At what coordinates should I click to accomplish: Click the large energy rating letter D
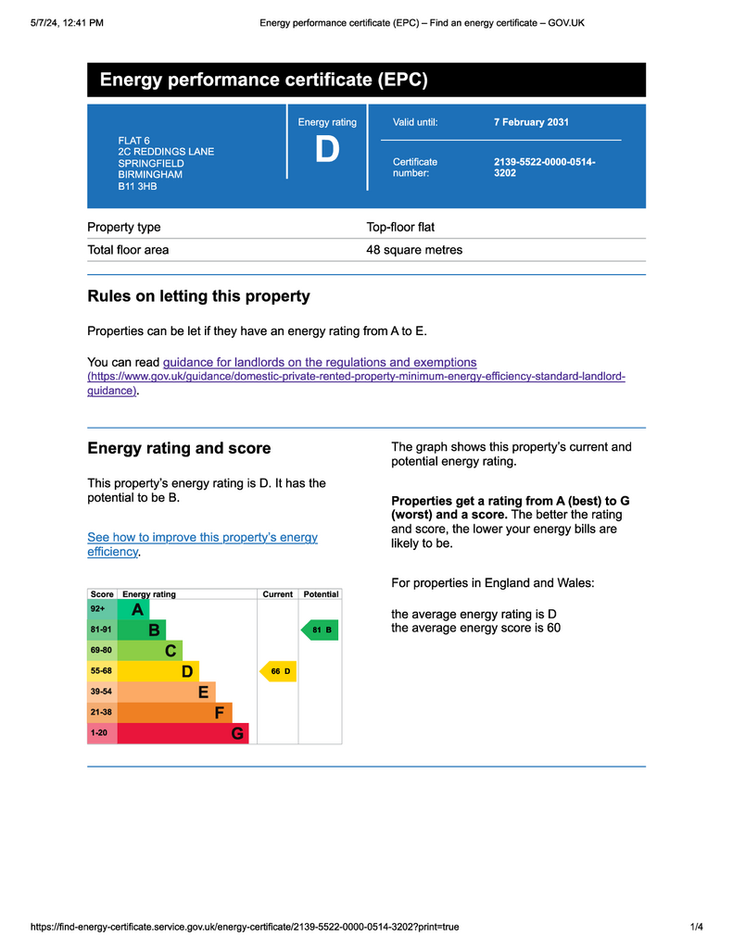[327, 150]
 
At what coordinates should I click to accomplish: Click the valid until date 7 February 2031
[531, 122]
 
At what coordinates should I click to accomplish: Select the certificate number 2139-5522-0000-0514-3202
[544, 167]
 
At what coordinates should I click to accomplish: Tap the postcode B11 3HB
[137, 186]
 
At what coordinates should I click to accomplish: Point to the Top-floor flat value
[400, 227]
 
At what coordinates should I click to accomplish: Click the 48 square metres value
[414, 250]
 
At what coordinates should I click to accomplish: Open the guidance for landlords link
[320, 363]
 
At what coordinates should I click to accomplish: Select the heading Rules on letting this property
[198, 296]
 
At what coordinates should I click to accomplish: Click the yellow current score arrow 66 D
[279, 671]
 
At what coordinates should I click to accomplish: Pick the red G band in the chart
[183, 733]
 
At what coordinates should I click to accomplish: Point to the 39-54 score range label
[101, 692]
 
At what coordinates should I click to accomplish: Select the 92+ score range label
[98, 609]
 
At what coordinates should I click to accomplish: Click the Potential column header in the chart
[321, 594]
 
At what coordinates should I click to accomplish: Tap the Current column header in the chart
[277, 594]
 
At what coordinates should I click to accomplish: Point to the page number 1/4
[697, 927]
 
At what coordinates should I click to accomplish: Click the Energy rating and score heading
[179, 448]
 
